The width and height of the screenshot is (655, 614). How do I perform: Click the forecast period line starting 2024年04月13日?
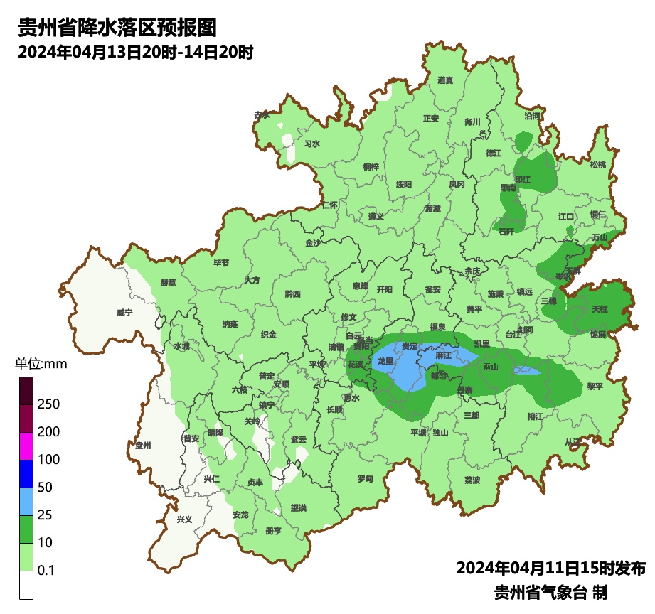135,53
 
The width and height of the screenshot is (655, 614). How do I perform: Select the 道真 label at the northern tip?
445,80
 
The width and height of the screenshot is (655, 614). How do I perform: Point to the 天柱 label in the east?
600,309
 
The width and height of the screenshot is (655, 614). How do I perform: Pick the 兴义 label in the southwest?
184,519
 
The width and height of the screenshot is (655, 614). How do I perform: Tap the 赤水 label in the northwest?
262,114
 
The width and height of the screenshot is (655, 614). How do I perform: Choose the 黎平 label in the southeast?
575,387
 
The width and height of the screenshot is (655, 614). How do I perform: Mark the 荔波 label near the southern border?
472,480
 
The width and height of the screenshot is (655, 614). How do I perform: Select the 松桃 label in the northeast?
598,165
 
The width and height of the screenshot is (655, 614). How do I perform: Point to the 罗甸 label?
365,479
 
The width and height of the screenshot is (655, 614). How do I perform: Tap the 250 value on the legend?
48,404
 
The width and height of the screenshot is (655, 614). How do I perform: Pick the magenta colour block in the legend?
26,446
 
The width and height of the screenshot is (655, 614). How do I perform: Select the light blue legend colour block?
26,501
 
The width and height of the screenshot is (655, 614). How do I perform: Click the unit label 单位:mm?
41,365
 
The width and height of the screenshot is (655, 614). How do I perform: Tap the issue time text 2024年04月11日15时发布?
550,569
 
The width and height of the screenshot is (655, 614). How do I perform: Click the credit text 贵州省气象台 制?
550,592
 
